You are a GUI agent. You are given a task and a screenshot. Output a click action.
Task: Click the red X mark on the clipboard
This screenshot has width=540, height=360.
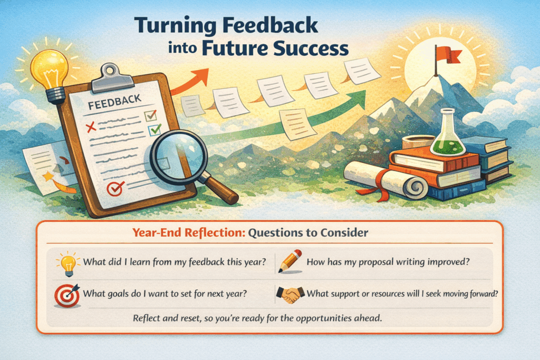coord(90,126)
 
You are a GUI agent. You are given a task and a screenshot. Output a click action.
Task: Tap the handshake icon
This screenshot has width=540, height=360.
coord(291,295)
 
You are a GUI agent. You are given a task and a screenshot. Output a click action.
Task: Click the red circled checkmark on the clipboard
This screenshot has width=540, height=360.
coord(114,188)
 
